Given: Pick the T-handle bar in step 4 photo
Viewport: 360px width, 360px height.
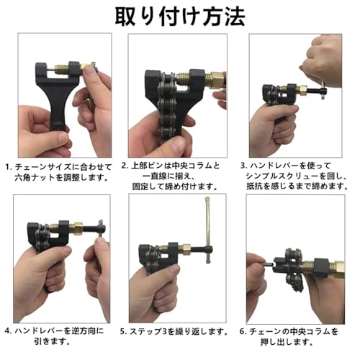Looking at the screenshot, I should click(94, 230).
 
